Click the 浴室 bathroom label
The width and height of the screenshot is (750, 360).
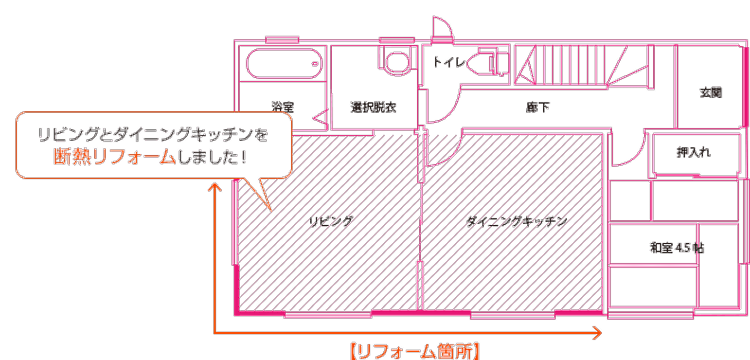pos(283,107)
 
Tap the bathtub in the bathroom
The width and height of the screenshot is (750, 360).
pos(284,64)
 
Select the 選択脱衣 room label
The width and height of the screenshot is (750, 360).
pos(374,107)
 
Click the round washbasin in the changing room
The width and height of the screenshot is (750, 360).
pos(397,63)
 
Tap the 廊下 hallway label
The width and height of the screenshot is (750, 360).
pos(538,107)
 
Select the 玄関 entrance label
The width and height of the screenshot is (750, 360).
pos(711,92)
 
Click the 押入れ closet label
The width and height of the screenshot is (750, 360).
pos(694,152)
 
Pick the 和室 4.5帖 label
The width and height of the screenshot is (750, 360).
pos(677,248)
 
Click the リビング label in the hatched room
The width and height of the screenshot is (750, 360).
pos(331,221)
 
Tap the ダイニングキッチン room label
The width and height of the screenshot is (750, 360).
pos(517,221)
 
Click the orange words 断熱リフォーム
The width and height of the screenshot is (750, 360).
pos(114,157)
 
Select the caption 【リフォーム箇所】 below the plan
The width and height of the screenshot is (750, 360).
pos(415,351)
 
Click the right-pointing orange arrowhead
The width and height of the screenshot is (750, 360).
pos(597,333)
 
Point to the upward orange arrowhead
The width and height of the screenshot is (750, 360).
pos(214,187)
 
